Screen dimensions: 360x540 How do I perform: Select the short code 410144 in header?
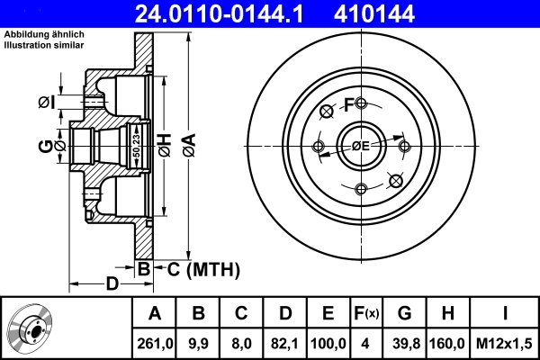[402, 13]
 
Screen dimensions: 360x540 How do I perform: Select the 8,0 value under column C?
[241, 343]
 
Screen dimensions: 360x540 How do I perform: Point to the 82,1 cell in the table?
[283, 343]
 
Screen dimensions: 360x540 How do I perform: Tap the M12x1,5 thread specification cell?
[505, 343]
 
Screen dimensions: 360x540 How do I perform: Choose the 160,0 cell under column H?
[447, 343]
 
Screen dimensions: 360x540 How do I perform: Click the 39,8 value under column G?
[405, 343]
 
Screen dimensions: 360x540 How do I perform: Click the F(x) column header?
[367, 314]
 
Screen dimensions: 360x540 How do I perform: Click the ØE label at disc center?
[361, 146]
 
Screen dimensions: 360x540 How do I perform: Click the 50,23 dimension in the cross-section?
[137, 143]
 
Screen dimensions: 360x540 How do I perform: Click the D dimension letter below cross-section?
[112, 283]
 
